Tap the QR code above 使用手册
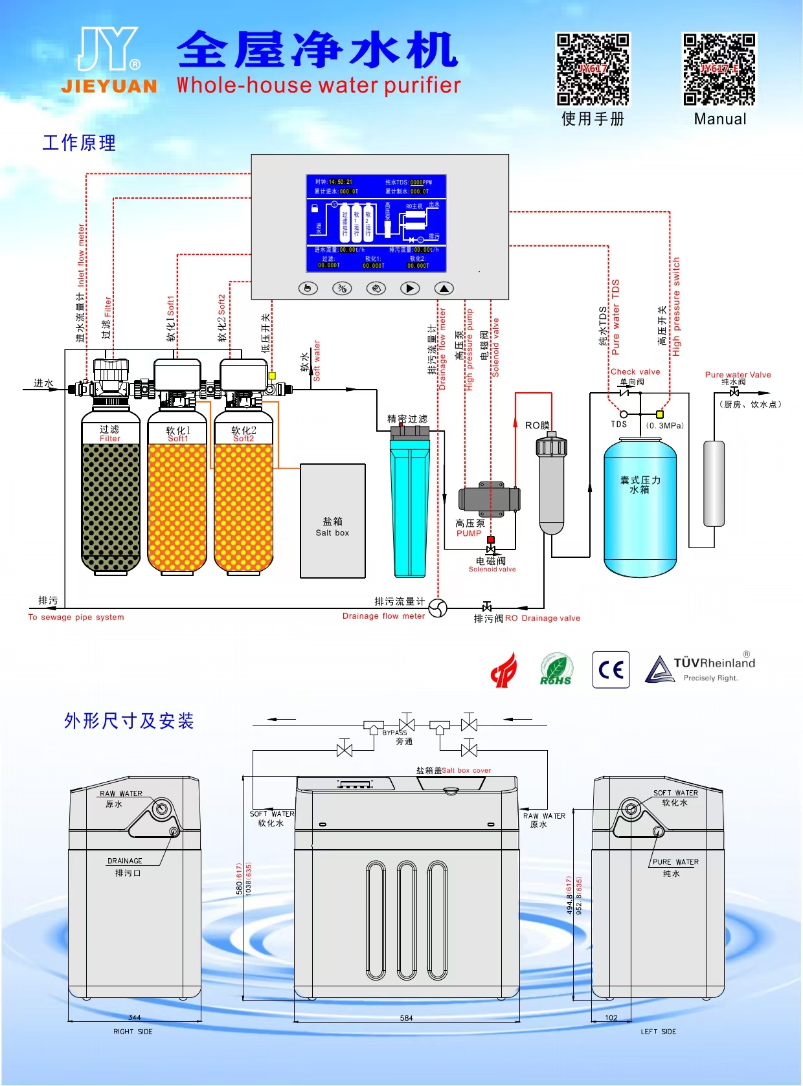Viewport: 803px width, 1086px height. (593, 69)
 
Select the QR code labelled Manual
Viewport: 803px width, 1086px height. (719, 69)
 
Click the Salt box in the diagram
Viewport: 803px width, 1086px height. (333, 521)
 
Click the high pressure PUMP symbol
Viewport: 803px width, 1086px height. (490, 498)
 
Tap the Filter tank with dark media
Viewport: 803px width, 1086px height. (111, 498)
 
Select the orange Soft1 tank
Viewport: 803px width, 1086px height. (177, 498)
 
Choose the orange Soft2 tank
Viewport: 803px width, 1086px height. (243, 498)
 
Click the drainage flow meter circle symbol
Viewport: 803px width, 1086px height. (438, 608)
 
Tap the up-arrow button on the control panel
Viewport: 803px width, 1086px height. (444, 289)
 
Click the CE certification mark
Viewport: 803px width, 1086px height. (611, 670)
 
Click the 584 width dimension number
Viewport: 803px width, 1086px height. (406, 1018)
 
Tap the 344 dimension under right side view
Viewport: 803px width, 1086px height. (135, 1017)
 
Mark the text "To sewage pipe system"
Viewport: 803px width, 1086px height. (76, 617)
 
